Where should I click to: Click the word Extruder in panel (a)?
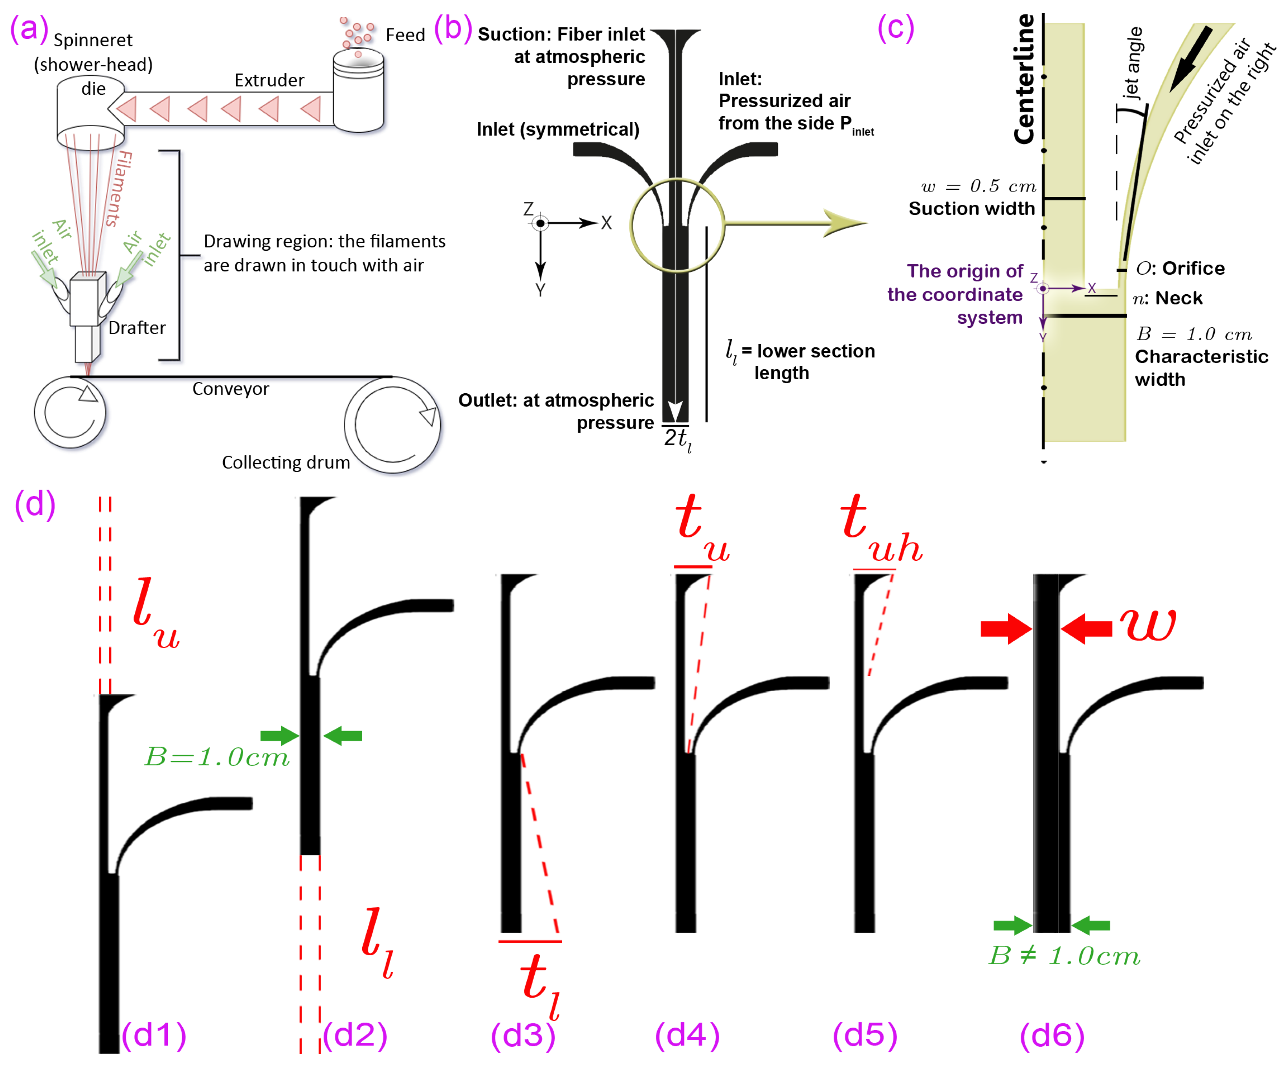269,80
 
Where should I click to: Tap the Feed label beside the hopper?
405,35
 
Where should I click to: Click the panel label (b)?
453,28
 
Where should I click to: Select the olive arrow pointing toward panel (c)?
796,223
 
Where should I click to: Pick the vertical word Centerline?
1024,79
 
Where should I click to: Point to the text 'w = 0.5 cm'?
979,186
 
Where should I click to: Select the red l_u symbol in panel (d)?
156,612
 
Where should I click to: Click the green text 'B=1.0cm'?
216,758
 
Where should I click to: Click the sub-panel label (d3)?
523,1035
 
